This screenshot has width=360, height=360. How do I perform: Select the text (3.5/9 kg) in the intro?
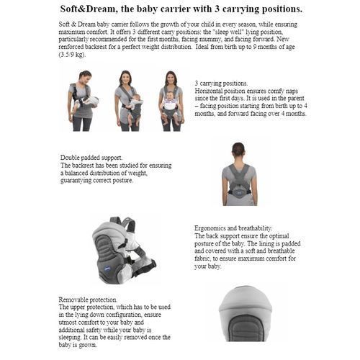coord(72,55)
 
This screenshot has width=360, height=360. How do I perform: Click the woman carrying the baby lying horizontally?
coord(81,101)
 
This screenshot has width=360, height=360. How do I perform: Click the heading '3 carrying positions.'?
coord(221,84)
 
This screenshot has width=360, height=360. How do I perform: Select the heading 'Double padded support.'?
coord(91,158)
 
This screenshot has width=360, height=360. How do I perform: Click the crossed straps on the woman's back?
coord(239,176)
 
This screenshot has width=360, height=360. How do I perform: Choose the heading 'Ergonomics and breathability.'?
coord(233,228)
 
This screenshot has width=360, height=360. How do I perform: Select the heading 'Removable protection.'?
coord(88,300)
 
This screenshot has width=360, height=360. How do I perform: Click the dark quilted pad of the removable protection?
coord(245,328)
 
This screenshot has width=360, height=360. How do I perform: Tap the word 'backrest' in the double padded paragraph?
coord(83,166)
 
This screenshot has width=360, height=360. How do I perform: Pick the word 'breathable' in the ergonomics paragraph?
coord(281,251)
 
